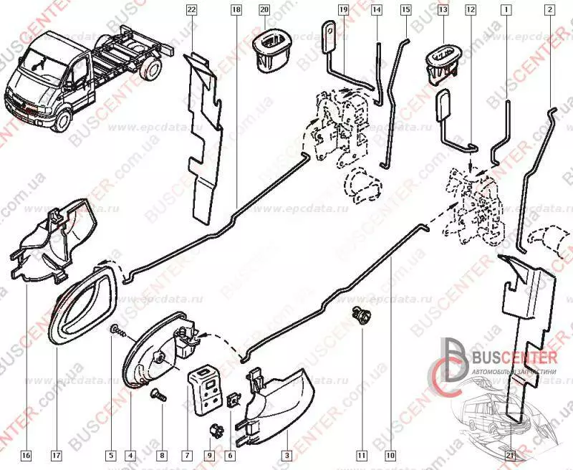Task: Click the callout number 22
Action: [191, 10]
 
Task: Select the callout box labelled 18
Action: [237, 10]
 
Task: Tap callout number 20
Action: [264, 10]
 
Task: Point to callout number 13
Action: [443, 10]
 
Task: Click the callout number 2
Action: [549, 10]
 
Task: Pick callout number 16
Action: [26, 454]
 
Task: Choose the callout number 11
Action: [362, 454]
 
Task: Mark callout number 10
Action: [390, 454]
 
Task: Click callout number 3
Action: [286, 454]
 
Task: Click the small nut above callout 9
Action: [212, 430]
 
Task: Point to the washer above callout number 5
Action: [115, 330]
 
